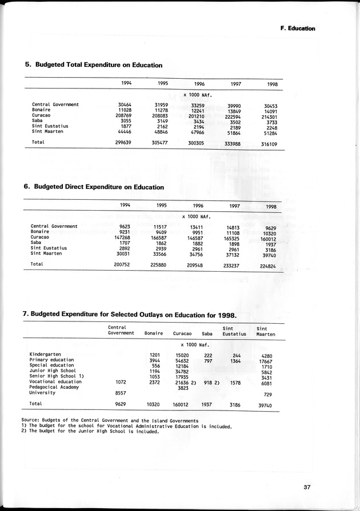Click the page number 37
pyautogui.click(x=307, y=487)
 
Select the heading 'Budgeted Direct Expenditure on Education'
pyautogui.click(x=93, y=187)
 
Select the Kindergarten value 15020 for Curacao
pyautogui.click(x=182, y=355)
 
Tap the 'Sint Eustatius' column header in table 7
pyautogui.click(x=234, y=331)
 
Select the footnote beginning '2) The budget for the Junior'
pyautogui.click(x=90, y=432)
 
